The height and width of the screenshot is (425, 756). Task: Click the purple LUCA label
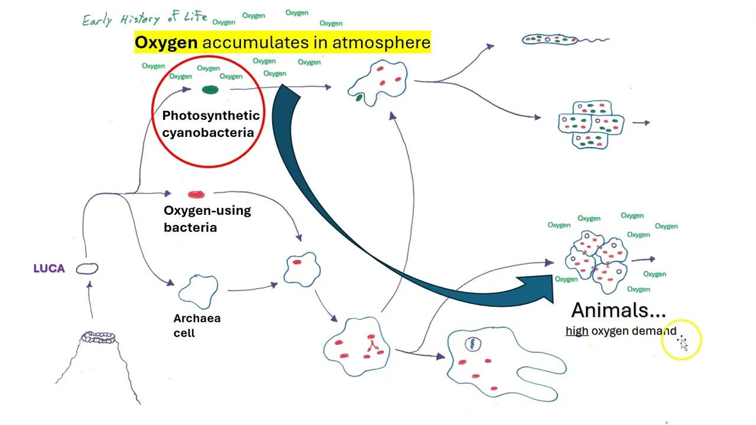click(x=49, y=269)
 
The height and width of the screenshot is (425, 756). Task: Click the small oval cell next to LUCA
click(x=87, y=269)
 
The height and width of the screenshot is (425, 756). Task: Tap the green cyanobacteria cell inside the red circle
click(x=210, y=90)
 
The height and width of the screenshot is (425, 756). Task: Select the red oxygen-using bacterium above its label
click(x=196, y=194)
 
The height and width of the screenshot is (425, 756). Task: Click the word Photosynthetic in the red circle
click(x=211, y=116)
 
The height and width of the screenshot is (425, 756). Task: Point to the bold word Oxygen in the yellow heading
click(x=166, y=42)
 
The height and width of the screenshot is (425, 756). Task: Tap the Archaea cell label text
click(x=197, y=325)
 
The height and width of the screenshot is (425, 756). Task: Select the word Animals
click(x=618, y=310)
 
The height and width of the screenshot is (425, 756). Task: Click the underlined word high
click(x=576, y=331)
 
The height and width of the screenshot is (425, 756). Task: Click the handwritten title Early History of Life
click(x=145, y=19)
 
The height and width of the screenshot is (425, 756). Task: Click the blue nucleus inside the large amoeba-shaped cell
click(x=472, y=344)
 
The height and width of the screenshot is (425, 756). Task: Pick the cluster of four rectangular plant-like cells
click(x=591, y=125)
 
